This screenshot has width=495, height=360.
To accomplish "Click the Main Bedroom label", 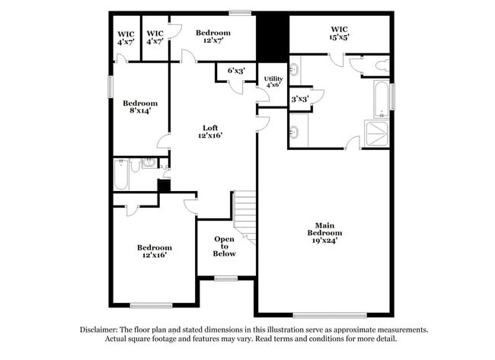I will (x=324, y=233).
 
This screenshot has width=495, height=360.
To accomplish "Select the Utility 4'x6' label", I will (x=273, y=82).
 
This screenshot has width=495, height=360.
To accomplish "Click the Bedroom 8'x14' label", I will (x=140, y=107).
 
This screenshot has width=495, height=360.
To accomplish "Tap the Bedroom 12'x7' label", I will (x=213, y=37).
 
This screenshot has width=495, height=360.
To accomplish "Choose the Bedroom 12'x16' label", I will (x=155, y=251).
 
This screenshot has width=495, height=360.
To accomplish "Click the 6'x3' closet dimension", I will (x=237, y=71).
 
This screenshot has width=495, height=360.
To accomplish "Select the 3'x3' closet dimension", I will (x=299, y=98).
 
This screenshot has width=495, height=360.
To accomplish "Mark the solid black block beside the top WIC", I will (x=272, y=36).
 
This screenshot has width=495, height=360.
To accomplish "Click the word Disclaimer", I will (x=102, y=330).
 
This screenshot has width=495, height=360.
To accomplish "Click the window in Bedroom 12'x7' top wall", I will (x=241, y=11).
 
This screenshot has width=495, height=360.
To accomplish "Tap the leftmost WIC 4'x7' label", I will (x=126, y=38).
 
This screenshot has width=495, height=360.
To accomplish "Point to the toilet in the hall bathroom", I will (x=136, y=165).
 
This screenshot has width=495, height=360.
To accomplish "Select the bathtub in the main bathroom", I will (x=378, y=100).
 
